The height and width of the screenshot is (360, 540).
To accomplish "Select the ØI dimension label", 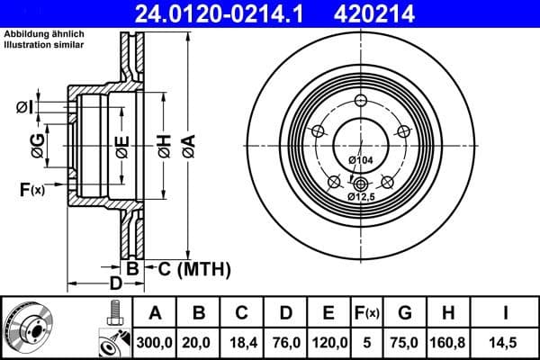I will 24,108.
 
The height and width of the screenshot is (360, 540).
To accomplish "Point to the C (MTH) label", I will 188,268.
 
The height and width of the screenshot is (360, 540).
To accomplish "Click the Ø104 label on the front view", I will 360,160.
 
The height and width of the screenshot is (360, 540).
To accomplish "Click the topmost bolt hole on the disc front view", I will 360,101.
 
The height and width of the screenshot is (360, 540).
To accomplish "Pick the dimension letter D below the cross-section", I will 115,283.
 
